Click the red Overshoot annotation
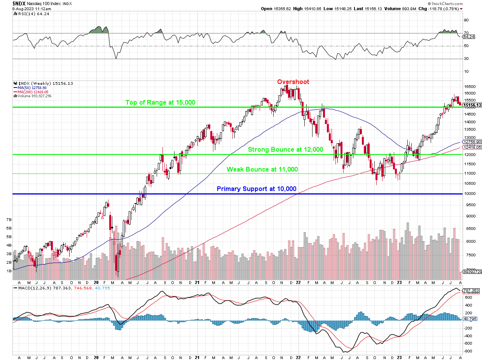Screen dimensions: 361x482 (293, 82)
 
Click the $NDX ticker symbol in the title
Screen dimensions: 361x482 (19, 3)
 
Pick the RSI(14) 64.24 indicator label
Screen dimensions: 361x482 (28, 14)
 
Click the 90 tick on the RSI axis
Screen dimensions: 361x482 (466, 20)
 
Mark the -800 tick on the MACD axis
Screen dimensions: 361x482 (468, 351)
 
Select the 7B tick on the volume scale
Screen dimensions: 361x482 (9, 220)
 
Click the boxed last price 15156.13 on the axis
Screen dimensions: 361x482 (473, 105)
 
